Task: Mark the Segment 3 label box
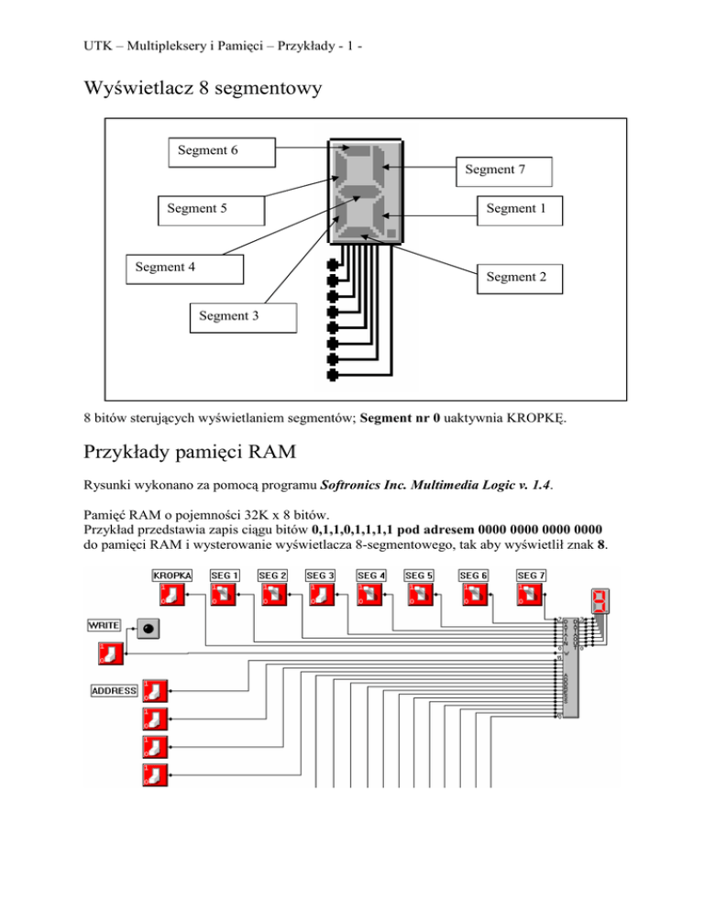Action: click(243, 317)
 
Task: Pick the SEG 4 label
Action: click(370, 575)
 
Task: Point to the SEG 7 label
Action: click(532, 575)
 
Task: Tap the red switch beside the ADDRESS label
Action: click(155, 691)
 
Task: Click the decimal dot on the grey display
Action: click(391, 232)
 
